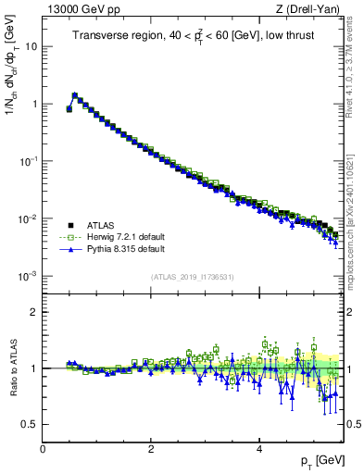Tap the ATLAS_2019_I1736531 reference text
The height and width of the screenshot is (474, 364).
(x=192, y=276)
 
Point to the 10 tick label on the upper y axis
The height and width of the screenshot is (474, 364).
(x=31, y=46)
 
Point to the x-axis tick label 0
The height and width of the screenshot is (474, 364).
(x=43, y=448)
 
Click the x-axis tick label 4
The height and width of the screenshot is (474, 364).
(x=259, y=448)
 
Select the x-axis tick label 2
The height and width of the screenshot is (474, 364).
(x=151, y=448)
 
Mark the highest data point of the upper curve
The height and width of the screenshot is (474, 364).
(x=75, y=95)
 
